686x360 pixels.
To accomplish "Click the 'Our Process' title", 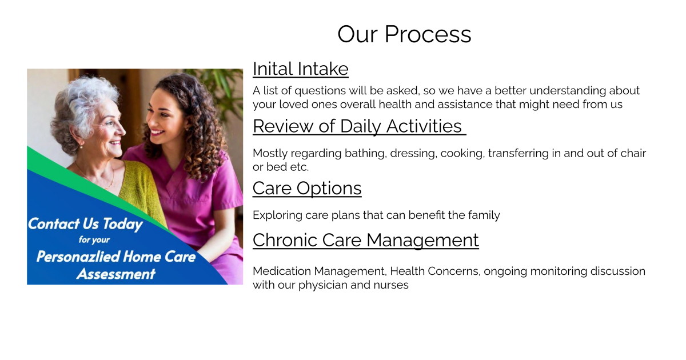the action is coord(404,34).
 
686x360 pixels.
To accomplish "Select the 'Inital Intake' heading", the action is coord(301,69).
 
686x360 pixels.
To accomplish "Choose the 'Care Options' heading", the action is coord(307,188).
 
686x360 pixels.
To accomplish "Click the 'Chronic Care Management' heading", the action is coord(366,241).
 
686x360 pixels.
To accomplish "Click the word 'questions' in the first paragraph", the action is coord(320,91).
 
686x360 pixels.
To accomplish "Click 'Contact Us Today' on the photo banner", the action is coord(85,224).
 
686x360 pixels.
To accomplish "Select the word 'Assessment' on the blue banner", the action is coord(116,274).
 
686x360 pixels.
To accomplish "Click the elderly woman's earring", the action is coord(82,146).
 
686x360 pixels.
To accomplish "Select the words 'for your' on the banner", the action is coord(94,239).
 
